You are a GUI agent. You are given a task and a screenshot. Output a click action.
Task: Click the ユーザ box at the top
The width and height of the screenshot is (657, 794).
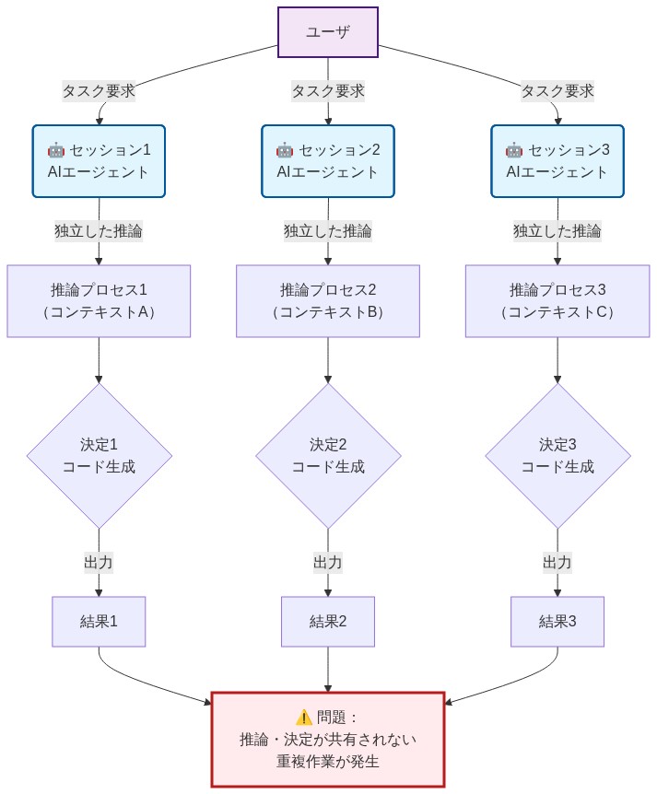click(328, 32)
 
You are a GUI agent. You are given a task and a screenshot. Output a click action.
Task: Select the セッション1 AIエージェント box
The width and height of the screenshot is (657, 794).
click(99, 161)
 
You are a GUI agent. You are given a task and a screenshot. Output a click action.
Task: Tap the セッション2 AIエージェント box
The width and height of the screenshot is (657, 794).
click(328, 161)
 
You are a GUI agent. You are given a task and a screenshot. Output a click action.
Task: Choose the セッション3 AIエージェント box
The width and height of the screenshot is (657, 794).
click(557, 161)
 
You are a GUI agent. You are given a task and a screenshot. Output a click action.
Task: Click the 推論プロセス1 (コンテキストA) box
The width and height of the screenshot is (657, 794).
click(99, 301)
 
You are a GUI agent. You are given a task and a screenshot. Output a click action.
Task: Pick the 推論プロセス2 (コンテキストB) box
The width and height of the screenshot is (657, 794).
click(328, 301)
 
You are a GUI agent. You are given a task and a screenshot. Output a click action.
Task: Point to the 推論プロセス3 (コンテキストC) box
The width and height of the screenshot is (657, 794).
click(557, 301)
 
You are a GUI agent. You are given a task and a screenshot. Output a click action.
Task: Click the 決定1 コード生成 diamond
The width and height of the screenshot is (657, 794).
click(99, 455)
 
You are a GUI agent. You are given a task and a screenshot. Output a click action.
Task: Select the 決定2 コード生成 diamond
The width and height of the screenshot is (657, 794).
click(328, 455)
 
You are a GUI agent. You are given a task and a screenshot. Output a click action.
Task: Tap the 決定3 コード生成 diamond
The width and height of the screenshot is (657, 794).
click(557, 455)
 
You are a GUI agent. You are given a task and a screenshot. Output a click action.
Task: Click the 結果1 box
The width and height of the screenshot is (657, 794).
click(99, 621)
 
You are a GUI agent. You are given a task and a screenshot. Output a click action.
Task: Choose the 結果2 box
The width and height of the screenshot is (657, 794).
click(328, 621)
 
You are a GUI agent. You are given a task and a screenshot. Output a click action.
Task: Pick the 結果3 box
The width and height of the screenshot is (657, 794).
click(557, 621)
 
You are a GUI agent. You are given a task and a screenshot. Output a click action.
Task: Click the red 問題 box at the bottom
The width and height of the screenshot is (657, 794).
click(328, 739)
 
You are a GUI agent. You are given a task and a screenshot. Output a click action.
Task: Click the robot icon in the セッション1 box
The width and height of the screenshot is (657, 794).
click(55, 150)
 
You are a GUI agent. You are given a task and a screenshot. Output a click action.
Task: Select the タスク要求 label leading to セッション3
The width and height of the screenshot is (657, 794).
click(557, 91)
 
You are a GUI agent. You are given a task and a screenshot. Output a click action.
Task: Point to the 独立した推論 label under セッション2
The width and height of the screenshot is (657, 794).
click(328, 231)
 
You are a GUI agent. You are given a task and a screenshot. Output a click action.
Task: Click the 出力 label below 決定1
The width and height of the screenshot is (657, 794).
click(99, 562)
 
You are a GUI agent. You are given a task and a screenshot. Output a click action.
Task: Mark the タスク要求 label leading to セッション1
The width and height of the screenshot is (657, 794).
click(99, 91)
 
